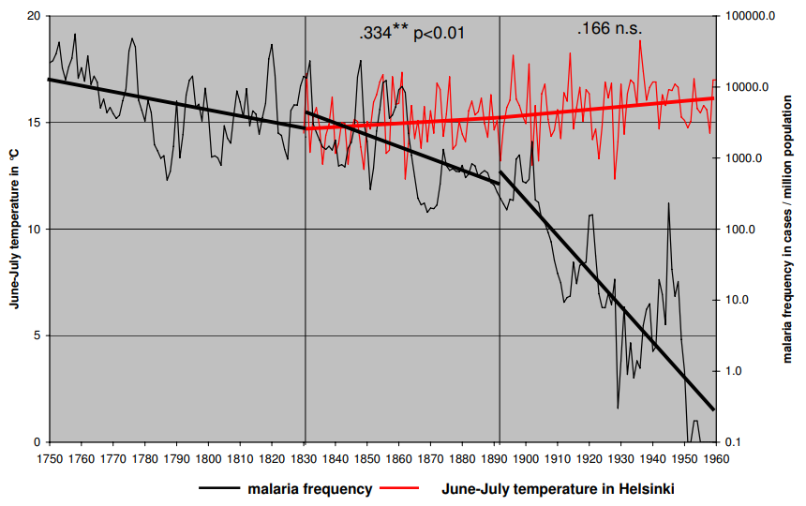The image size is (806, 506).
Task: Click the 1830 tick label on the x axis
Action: pyautogui.click(x=305, y=459)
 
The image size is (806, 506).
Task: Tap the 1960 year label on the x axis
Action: pyautogui.click(x=716, y=459)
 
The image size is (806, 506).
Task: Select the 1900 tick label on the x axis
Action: pyautogui.click(x=526, y=459)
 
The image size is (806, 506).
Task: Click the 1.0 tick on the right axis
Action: pyautogui.click(x=734, y=371)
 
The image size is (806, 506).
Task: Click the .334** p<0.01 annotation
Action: pyautogui.click(x=411, y=33)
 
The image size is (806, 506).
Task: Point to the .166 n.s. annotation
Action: pyautogui.click(x=609, y=29)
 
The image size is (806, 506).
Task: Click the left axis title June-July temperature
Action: pyautogui.click(x=14, y=230)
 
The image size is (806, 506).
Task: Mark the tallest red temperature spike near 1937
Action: pyautogui.click(x=641, y=41)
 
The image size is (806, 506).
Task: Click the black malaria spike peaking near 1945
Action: pyautogui.click(x=668, y=203)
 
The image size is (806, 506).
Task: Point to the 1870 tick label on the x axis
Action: pyautogui.click(x=431, y=459)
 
